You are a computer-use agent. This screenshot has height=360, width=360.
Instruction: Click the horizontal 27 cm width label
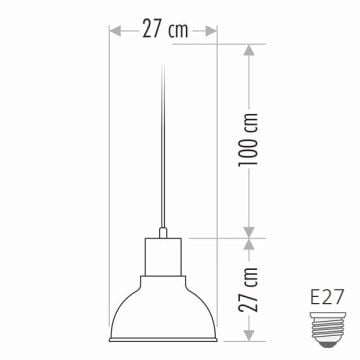[165, 29]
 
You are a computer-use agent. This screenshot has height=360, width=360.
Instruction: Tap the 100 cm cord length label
[249, 139]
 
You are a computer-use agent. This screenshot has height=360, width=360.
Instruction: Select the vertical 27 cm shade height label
[249, 289]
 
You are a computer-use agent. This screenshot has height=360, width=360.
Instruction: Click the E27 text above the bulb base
[326, 297]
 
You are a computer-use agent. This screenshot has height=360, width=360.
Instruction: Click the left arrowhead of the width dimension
[115, 31]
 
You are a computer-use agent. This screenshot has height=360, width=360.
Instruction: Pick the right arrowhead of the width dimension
[211, 31]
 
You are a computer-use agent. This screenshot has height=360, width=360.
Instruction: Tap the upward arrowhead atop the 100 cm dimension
[249, 50]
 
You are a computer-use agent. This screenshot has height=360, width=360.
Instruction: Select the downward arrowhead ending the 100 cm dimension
[249, 233]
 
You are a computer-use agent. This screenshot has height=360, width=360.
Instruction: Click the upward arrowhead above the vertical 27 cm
[249, 244]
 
